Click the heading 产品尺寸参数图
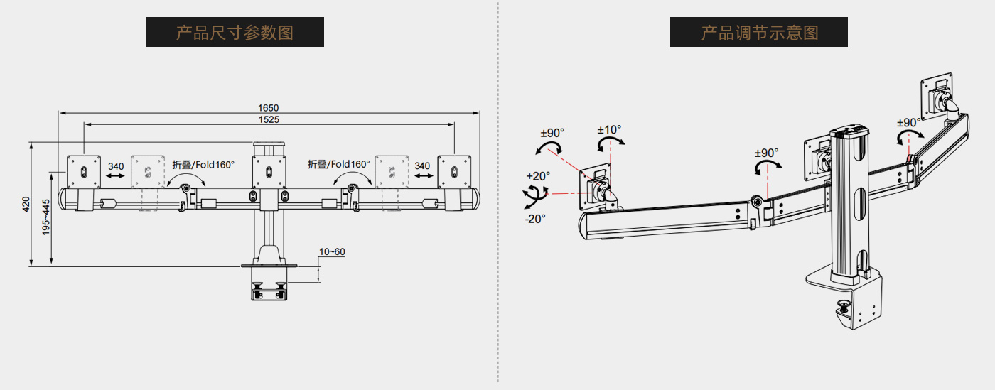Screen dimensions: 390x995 [x=235, y=32]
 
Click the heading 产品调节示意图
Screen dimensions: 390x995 [x=759, y=32]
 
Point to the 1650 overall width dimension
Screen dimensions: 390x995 [x=268, y=107]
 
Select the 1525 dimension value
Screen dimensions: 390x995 [x=268, y=119]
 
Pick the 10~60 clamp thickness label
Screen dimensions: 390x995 [x=332, y=251]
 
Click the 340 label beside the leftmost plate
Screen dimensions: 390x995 [x=116, y=166]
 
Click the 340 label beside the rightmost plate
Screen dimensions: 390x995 [x=422, y=166]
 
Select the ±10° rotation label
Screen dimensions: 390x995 [x=609, y=130]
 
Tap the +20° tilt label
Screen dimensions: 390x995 [x=538, y=176]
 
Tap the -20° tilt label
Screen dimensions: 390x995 [x=534, y=219]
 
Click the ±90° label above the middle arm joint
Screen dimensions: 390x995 [x=766, y=153]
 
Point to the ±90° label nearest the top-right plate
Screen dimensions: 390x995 [x=909, y=122]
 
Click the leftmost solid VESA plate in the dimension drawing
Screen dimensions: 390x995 [x=85, y=171]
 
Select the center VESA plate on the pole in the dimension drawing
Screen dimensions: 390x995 [x=269, y=171]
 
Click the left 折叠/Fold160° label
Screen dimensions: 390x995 [x=203, y=164]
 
